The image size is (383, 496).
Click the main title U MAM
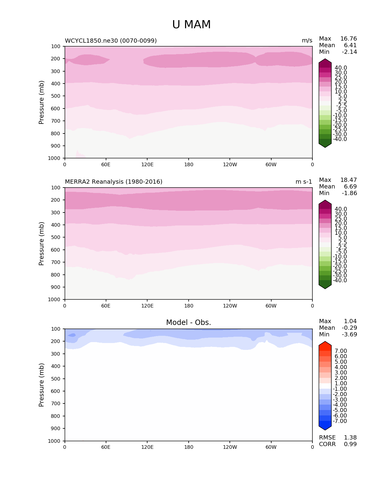191,25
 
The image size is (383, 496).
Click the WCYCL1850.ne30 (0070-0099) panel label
111,41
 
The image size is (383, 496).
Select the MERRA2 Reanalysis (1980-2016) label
114,182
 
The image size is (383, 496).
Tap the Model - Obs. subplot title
188,323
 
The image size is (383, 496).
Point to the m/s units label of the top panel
307,41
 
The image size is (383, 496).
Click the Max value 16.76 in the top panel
348,39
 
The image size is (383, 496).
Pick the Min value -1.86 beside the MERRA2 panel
349,193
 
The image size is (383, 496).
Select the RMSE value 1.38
350,438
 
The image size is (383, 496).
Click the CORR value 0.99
350,444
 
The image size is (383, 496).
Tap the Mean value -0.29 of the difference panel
349,328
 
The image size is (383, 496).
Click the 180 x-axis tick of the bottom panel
189,447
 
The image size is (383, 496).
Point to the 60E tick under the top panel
106,164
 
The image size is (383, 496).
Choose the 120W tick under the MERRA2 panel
230,306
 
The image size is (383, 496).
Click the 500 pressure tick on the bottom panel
56,379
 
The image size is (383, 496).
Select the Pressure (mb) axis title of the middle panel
41,243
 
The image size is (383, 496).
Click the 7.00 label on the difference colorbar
341,351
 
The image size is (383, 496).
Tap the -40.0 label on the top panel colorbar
340,139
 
